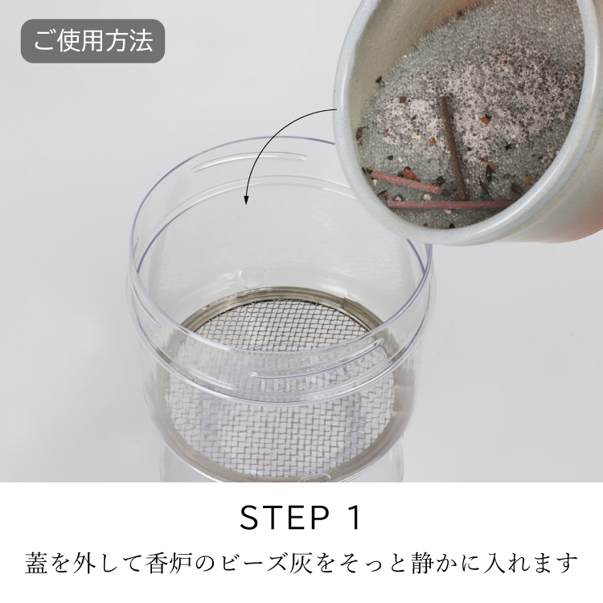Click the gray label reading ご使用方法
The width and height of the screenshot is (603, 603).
pyautogui.click(x=92, y=41)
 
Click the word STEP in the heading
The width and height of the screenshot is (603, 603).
pyautogui.click(x=285, y=518)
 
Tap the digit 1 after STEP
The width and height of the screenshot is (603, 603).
pyautogui.click(x=355, y=518)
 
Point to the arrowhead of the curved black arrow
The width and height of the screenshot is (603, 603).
pyautogui.click(x=246, y=199)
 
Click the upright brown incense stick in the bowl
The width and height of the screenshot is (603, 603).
pyautogui.click(x=453, y=148)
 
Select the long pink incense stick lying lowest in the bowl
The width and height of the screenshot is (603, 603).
pyautogui.click(x=450, y=204)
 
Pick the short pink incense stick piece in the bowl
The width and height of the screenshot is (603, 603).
pyautogui.click(x=406, y=183)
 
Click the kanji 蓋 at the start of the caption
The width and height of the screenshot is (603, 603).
pyautogui.click(x=36, y=563)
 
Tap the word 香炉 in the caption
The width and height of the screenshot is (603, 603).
pyautogui.click(x=171, y=563)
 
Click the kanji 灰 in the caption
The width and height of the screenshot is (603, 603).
pyautogui.click(x=301, y=563)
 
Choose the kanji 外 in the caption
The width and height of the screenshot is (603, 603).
pyautogui.click(x=87, y=563)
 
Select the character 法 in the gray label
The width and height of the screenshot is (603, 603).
pyautogui.click(x=142, y=41)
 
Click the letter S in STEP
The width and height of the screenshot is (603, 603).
pyautogui.click(x=249, y=518)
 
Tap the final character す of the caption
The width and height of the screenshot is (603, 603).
pyautogui.click(x=568, y=563)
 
